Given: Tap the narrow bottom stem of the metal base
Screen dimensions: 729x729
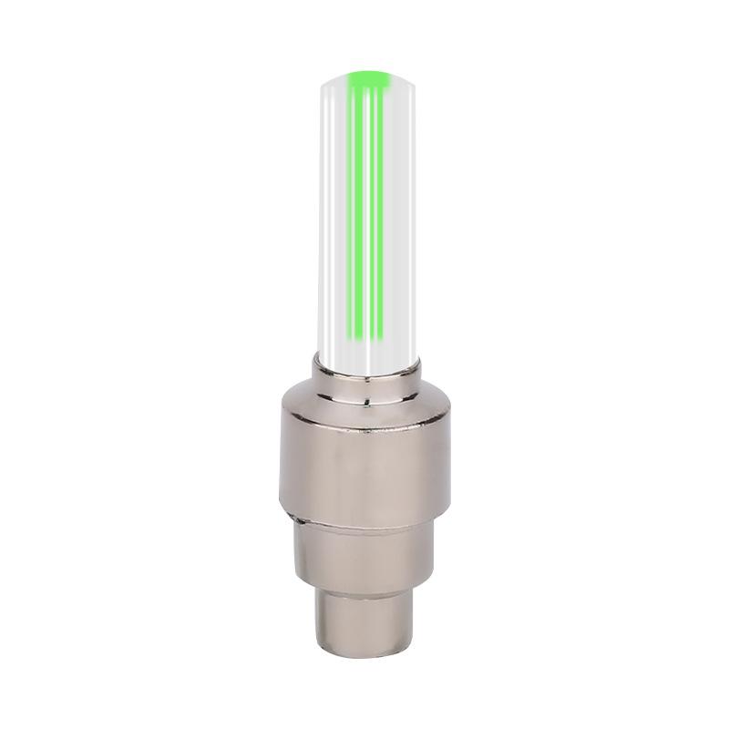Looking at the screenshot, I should click(364, 620).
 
